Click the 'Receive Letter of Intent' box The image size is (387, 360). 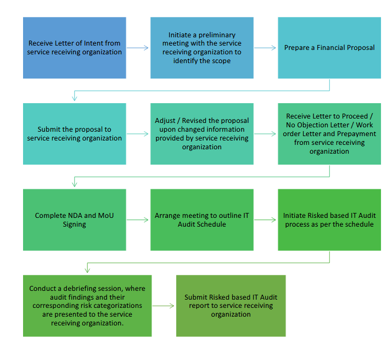(75, 48)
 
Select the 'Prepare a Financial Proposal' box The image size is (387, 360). (329, 48)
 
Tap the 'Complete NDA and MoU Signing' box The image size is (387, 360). (75, 220)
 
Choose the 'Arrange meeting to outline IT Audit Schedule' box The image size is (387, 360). (202, 220)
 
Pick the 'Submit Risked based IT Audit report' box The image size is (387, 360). (231, 306)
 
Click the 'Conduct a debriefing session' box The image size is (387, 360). (87, 306)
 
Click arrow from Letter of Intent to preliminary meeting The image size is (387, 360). (138, 48)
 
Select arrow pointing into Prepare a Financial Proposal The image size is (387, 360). (265, 48)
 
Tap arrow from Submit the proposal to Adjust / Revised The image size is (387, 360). (138, 134)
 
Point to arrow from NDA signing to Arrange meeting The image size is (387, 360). (138, 220)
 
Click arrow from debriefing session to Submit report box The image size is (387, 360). (164, 306)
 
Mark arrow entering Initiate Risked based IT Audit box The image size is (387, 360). (265, 220)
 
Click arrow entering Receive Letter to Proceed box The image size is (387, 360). (265, 134)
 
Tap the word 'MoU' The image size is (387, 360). (106, 216)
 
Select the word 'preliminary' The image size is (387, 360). (217, 35)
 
